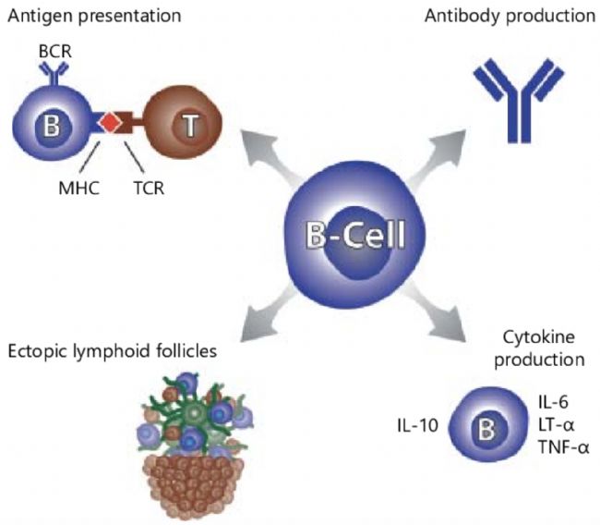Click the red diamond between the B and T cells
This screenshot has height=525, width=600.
[110, 123]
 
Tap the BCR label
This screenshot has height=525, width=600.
[55, 52]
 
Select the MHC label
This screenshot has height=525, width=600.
[79, 189]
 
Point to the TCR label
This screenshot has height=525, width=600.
[149, 189]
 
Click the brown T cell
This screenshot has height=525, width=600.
[184, 124]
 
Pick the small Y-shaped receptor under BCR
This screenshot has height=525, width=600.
[54, 73]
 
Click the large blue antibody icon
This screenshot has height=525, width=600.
[519, 101]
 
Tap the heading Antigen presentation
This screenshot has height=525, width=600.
[94, 17]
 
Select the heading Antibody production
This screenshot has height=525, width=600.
[510, 17]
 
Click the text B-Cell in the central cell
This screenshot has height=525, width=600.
[355, 235]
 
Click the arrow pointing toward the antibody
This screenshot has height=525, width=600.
[437, 157]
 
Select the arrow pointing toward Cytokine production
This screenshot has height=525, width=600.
[437, 311]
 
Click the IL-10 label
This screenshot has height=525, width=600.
[417, 426]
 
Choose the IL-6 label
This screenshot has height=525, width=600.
[553, 402]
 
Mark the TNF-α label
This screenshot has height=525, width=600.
[563, 447]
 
